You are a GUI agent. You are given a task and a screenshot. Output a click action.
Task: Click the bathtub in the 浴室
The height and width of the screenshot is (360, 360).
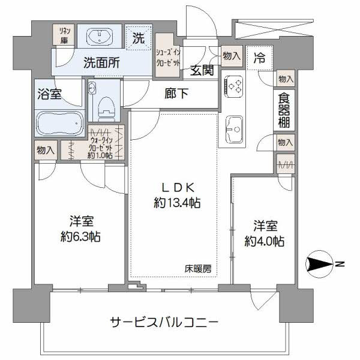point(59,123)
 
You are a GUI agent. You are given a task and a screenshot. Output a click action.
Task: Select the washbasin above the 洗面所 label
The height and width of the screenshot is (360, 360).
point(100,36)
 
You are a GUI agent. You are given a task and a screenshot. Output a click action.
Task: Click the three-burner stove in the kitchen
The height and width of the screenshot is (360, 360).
point(233,86)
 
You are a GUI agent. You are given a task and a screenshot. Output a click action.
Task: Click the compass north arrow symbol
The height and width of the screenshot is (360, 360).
point(319,264)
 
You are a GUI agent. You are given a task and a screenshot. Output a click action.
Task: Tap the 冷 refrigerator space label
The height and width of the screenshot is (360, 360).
point(259,58)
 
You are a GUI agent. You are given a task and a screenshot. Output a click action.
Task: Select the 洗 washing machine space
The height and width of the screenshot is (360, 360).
point(139,38)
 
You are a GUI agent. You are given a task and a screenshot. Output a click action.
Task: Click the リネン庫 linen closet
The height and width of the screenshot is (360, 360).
point(64,35)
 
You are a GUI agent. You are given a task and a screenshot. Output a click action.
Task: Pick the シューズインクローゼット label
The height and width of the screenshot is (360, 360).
point(167,58)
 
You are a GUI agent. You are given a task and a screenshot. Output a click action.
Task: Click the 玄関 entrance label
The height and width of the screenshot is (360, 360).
point(202,70)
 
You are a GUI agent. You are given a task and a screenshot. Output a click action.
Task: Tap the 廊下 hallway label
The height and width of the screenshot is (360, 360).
point(176,94)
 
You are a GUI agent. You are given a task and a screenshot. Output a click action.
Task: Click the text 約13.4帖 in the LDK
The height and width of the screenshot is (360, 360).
point(177,203)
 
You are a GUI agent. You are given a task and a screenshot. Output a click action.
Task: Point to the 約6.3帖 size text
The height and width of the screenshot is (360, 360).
point(80,237)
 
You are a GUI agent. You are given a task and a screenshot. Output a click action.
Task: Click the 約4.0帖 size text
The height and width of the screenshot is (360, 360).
point(265,241)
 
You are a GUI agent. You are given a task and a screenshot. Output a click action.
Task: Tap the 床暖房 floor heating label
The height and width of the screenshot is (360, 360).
point(198,269)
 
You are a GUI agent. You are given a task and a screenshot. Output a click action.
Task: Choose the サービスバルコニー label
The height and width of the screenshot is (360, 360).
point(164,323)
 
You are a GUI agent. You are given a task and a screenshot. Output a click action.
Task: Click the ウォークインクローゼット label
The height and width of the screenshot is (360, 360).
point(100,148)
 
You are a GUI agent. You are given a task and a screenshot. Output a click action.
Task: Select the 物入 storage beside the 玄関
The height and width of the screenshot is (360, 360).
point(232,56)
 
